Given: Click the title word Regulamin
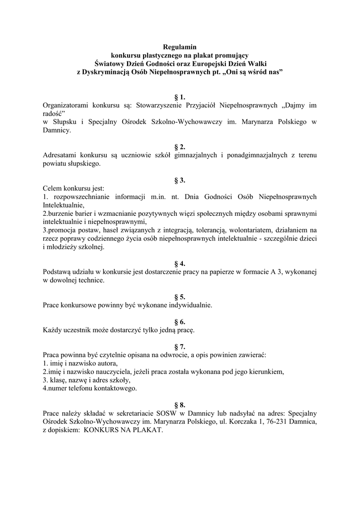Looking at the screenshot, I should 180,47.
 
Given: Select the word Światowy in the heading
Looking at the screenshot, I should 110,63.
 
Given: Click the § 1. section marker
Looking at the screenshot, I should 180,97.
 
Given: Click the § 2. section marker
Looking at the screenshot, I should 180,147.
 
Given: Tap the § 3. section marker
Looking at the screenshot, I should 180,181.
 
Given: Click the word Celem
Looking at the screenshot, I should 52,189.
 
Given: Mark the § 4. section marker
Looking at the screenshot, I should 180,264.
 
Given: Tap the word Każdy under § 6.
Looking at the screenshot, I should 53,330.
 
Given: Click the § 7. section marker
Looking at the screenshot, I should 180,347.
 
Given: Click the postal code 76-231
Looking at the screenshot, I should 276,422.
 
